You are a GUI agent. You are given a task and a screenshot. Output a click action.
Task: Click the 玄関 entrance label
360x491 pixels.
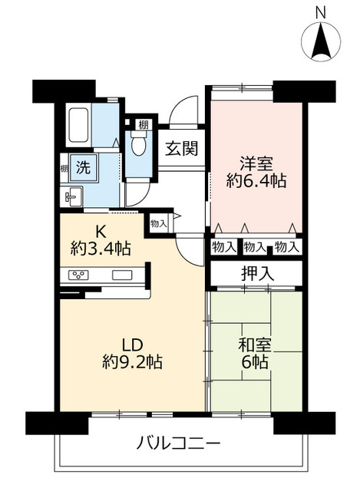coord(181,148)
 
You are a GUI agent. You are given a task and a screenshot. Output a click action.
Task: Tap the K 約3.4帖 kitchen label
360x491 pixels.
coord(101,239)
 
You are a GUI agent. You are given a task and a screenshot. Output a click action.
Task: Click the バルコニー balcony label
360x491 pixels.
coord(180,443)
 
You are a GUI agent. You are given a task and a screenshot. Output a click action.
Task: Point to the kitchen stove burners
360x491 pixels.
coord(81,275)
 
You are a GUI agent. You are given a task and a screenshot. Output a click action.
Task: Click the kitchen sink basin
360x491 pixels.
coord(121,275)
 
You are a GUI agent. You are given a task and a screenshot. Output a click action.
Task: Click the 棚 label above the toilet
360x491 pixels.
coord(144,124)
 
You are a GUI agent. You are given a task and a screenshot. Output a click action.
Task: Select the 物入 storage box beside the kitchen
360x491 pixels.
coord(159,223)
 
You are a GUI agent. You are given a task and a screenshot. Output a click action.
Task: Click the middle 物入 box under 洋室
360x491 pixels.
coord(256,247)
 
